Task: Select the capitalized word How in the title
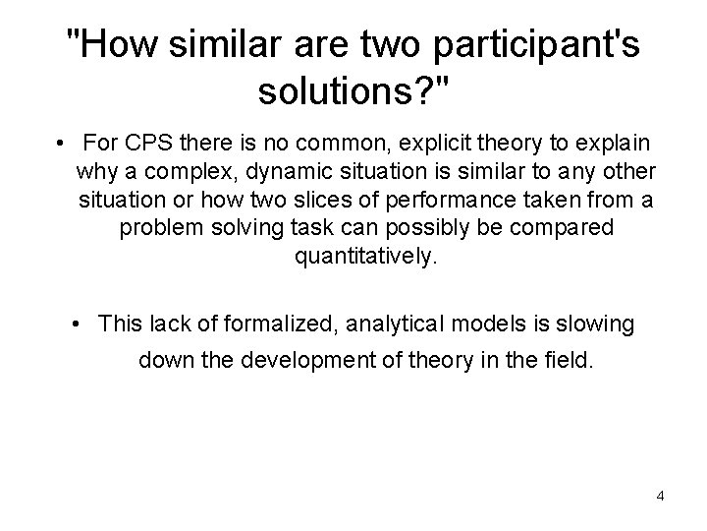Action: point(108,45)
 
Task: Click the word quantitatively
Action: point(359,256)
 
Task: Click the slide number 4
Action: point(660,496)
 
